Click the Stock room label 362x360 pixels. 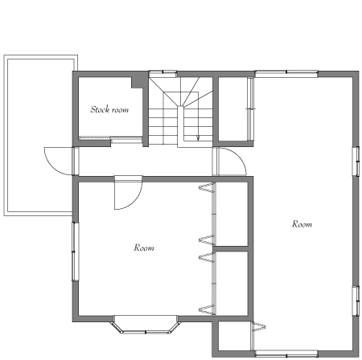point(109,109)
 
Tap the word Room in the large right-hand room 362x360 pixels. point(302,223)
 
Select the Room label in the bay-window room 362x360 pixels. point(144,247)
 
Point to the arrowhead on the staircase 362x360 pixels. point(198,138)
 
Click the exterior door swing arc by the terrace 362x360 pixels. point(51,166)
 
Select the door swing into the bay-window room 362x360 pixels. point(134,202)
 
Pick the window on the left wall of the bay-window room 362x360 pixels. point(75,252)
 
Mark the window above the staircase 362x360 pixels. point(162,73)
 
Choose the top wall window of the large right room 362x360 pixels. point(286,73)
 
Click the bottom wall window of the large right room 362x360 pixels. point(286,354)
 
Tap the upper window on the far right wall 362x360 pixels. point(356,162)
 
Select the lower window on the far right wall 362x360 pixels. point(356,301)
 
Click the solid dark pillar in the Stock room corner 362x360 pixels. point(138,82)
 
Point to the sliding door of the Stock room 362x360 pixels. point(110,139)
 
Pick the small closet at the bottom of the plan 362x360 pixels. point(235,336)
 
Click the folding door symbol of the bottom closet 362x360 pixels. point(259,327)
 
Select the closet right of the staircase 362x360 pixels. point(233,108)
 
